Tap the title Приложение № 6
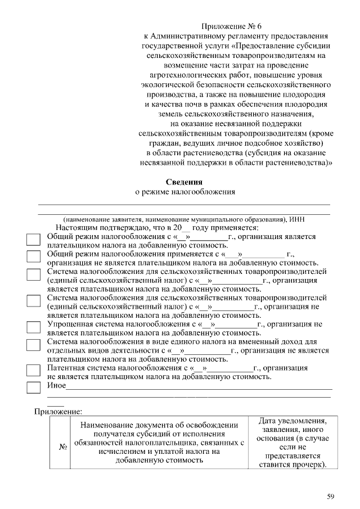pyautogui.click(x=232, y=26)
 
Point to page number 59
pyautogui.click(x=331, y=496)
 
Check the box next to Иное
pyautogui.click(x=34, y=388)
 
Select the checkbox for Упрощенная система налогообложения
pyautogui.click(x=34, y=328)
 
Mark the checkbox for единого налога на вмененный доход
pyautogui.click(x=34, y=345)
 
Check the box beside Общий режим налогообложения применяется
pyautogui.click(x=34, y=257)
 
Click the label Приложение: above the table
pyautogui.click(x=58, y=411)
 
